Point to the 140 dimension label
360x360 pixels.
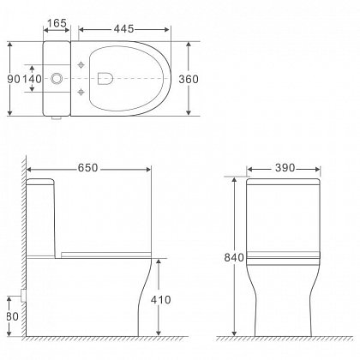32,78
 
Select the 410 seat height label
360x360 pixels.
175,300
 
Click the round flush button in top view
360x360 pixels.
58,78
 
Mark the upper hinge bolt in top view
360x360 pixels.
81,66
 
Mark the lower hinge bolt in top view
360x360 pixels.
81,91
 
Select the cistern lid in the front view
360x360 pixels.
284,181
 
